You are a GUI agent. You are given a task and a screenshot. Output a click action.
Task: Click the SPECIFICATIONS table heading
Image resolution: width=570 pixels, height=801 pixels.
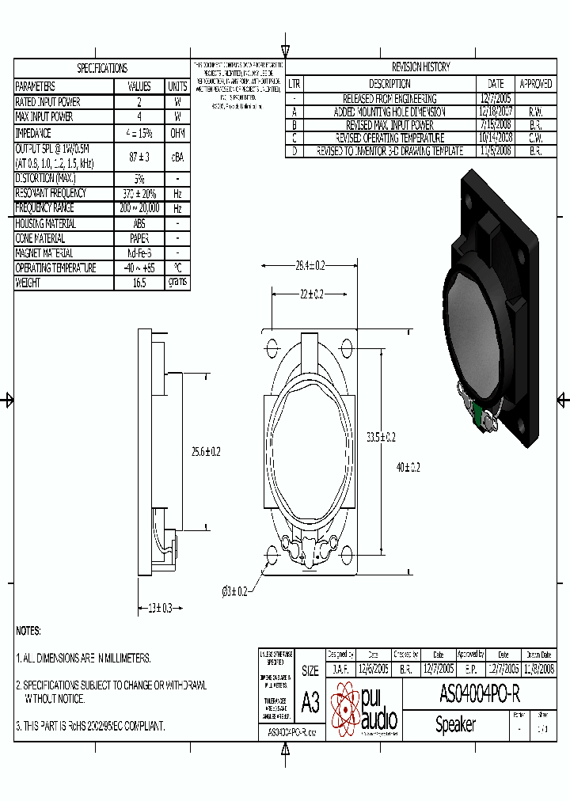(101, 69)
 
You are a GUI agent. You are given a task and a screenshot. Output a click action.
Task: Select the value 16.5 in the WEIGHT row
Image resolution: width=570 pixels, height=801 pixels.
(139, 283)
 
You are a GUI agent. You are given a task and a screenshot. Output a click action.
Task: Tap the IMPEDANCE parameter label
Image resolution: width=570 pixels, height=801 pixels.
(33, 134)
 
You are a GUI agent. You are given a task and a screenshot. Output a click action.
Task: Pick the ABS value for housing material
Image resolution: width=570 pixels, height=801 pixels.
(139, 223)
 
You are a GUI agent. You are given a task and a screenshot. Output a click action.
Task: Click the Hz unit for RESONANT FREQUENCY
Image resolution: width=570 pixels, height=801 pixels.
(177, 193)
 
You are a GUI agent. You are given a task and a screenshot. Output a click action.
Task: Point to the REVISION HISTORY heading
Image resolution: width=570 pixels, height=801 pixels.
(420, 67)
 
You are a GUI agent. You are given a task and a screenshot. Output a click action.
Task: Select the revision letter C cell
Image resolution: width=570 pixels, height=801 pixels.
(294, 138)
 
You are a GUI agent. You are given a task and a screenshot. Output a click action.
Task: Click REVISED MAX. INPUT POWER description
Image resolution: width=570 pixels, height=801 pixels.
(389, 125)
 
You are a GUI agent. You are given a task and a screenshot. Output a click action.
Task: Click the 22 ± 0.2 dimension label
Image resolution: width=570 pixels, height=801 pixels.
(310, 294)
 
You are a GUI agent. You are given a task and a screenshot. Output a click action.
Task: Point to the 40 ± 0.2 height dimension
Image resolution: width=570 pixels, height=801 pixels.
(408, 468)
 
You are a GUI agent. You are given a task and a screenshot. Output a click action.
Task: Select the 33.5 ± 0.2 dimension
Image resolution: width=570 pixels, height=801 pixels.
(381, 437)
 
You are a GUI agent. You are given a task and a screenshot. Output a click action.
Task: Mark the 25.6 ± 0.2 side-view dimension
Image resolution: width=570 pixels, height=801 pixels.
(205, 451)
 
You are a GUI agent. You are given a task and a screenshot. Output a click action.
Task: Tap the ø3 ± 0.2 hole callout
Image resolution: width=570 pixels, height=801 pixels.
(234, 591)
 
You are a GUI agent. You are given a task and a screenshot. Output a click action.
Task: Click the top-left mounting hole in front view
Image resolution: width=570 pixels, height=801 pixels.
(274, 348)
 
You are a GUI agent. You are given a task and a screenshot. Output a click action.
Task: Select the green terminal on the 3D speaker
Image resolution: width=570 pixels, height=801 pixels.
(480, 413)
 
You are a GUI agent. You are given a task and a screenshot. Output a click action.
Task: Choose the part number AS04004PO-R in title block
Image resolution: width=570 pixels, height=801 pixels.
(479, 694)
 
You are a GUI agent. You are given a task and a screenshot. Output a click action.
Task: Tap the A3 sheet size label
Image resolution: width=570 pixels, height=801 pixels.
(310, 702)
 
